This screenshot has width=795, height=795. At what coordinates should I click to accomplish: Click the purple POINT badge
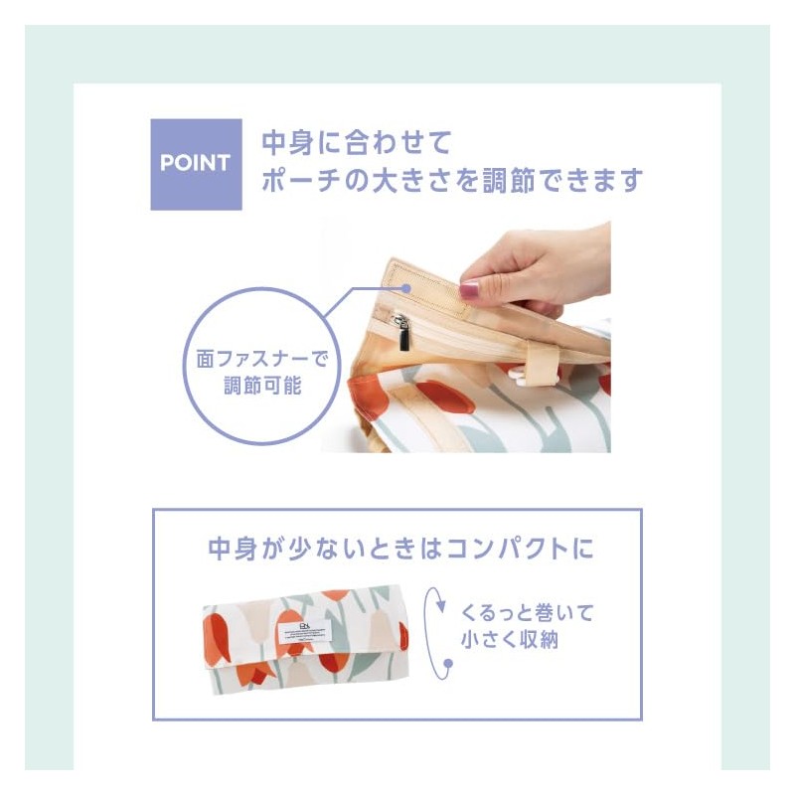[x=196, y=164]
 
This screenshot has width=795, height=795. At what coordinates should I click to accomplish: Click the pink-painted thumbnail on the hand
[x=469, y=290]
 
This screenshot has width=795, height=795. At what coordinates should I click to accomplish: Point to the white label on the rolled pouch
[x=304, y=633]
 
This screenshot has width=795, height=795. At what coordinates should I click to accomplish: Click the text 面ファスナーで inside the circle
[x=262, y=359]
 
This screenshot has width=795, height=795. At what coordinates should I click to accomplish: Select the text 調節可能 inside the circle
[x=262, y=386]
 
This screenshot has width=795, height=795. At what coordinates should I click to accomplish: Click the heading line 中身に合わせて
[x=357, y=142]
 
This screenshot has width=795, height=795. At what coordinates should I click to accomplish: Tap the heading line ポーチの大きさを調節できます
[x=452, y=180]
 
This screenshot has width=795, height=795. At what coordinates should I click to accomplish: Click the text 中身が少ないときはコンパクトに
[x=400, y=549]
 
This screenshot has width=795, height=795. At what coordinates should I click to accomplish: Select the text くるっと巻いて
[x=527, y=612]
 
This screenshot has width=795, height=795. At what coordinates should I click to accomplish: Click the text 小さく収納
[x=510, y=639]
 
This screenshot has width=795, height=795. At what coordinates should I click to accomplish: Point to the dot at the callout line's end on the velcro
[x=406, y=288]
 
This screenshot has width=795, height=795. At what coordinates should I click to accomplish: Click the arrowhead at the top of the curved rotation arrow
[x=440, y=605]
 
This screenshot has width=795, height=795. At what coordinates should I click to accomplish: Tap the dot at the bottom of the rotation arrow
[x=448, y=663]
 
